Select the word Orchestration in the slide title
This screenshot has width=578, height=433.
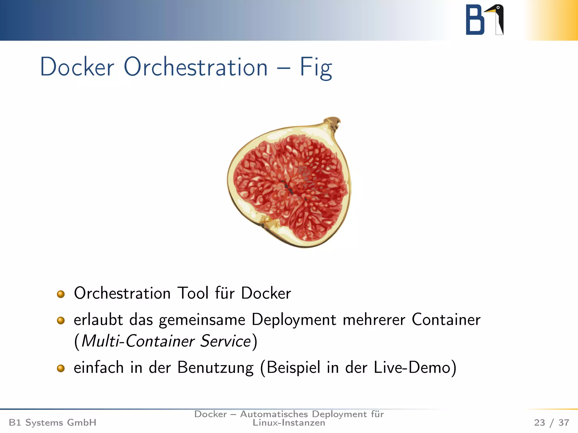click(196, 67)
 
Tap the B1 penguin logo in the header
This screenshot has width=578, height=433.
click(484, 20)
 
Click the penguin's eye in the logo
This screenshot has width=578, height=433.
click(498, 8)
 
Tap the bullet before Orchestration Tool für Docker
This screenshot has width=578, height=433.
click(61, 294)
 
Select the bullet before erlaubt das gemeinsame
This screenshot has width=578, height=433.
click(61, 321)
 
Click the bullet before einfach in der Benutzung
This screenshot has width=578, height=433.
click(61, 368)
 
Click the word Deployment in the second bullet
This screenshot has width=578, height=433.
click(294, 320)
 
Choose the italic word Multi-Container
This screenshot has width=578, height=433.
click(138, 341)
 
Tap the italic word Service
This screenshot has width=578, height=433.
click(225, 341)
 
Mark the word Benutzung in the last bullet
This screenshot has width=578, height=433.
click(215, 368)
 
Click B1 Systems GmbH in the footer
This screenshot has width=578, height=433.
click(52, 423)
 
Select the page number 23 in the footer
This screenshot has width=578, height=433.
click(539, 423)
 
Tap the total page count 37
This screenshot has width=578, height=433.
click(564, 423)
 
